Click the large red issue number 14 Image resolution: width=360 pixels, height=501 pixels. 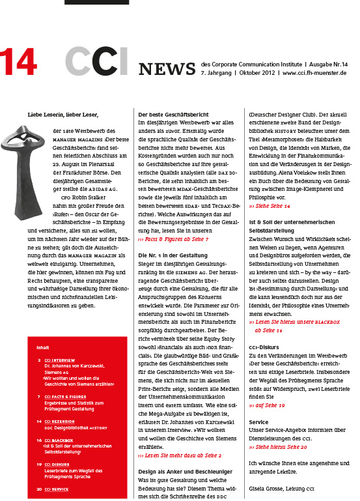click(x=18, y=63)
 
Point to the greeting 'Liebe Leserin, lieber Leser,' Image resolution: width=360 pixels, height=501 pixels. click(x=62, y=115)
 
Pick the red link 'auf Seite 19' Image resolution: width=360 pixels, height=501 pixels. click(x=267, y=405)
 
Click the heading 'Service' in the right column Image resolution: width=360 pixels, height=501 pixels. click(x=258, y=422)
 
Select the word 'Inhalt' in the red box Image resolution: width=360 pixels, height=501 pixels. click(x=43, y=347)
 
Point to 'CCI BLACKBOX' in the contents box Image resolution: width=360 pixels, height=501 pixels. click(x=59, y=440)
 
